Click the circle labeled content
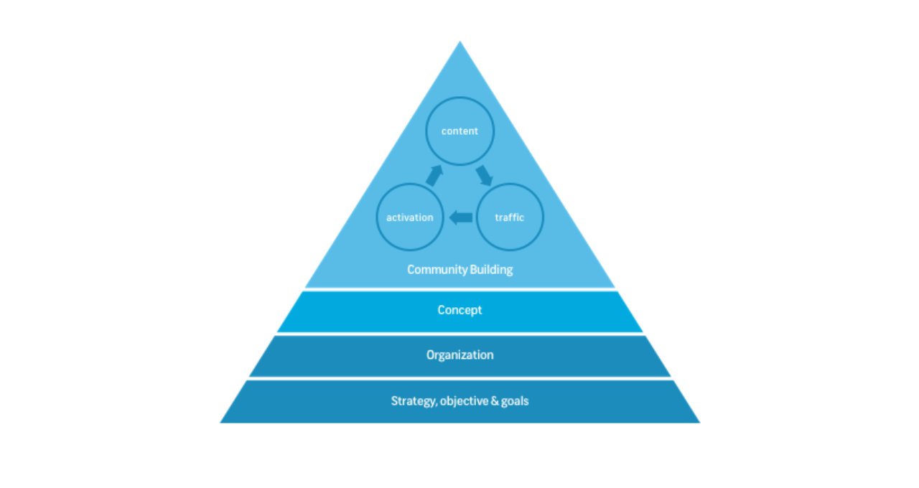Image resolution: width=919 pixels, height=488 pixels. [459, 97]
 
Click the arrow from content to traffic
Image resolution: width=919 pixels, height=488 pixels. [484, 176]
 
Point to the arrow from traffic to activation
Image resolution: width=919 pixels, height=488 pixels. [461, 217]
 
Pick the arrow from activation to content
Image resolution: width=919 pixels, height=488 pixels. [434, 176]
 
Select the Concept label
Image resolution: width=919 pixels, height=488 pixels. [459, 310]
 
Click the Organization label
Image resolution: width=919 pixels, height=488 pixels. [459, 355]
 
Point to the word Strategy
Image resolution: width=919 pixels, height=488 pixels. [414, 401]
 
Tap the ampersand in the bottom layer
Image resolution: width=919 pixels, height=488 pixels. [495, 400]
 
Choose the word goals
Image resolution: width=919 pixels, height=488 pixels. [515, 401]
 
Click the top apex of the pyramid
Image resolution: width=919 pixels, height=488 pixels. [460, 41]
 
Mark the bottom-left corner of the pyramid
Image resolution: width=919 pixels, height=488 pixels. [220, 423]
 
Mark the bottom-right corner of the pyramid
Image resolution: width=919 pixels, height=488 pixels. [699, 423]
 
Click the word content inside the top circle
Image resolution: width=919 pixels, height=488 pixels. [459, 131]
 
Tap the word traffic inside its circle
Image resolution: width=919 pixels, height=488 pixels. [510, 217]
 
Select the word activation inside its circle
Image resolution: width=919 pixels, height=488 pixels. [410, 217]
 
